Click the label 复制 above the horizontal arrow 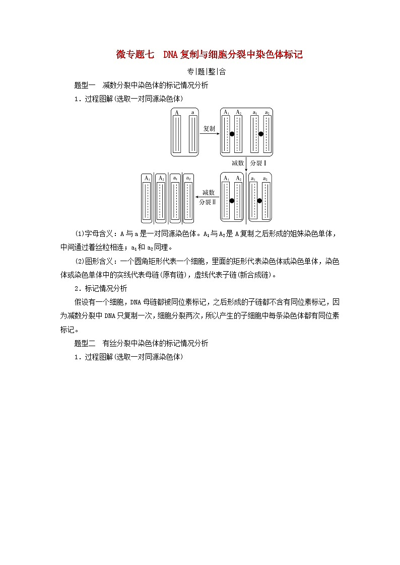(x=209, y=129)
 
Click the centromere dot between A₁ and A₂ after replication (x=232, y=134)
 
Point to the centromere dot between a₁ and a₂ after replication (x=261, y=134)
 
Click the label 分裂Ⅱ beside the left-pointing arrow (x=207, y=202)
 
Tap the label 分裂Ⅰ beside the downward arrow (x=258, y=163)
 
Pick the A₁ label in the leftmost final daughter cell (x=147, y=178)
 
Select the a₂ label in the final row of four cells (x=188, y=178)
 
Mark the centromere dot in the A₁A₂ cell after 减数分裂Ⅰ (x=232, y=200)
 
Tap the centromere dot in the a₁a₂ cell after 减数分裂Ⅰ (x=259, y=200)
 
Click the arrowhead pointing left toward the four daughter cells (x=197, y=197)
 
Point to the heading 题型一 (x=84, y=85)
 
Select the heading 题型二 (x=84, y=343)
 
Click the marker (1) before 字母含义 (x=80, y=234)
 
